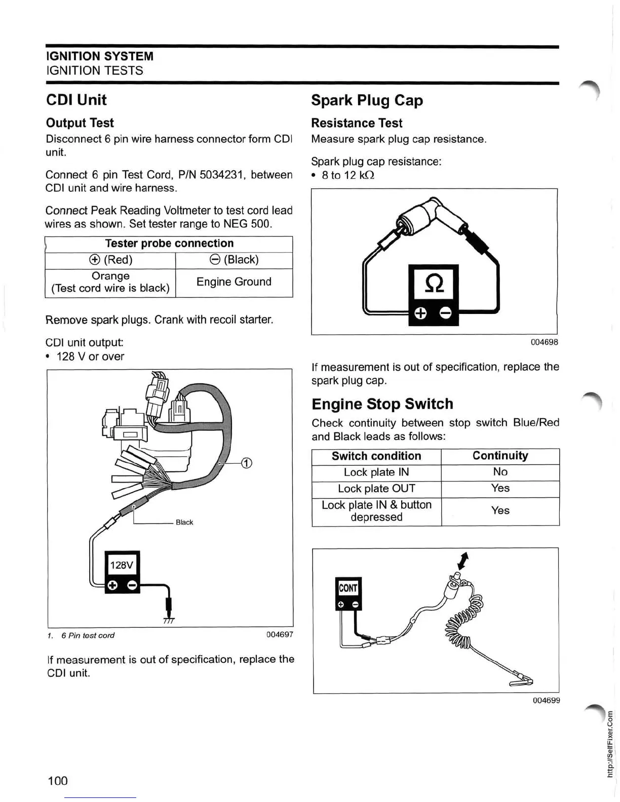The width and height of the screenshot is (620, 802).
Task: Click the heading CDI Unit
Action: click(76, 100)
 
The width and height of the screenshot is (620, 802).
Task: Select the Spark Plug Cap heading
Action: click(367, 100)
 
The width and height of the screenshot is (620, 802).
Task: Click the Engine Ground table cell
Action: click(234, 282)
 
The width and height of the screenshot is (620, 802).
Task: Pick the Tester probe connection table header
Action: click(169, 244)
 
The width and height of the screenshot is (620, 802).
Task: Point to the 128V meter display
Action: click(122, 565)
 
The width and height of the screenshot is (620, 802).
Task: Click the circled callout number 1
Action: click(246, 463)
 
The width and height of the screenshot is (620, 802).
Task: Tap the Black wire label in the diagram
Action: click(184, 522)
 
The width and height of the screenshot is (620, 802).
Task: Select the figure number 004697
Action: click(280, 634)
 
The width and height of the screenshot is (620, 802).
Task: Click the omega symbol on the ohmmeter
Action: click(433, 283)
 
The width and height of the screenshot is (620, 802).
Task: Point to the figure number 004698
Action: click(544, 342)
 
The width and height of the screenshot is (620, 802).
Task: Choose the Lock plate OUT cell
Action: click(376, 489)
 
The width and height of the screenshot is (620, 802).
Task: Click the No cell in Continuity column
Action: click(500, 472)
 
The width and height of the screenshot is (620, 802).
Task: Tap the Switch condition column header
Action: click(376, 456)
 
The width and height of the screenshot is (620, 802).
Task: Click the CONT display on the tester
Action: click(348, 588)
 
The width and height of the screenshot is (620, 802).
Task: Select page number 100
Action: click(57, 781)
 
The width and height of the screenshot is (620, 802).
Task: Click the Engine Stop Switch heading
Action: click(382, 404)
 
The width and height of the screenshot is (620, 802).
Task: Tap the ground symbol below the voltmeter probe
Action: click(169, 620)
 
